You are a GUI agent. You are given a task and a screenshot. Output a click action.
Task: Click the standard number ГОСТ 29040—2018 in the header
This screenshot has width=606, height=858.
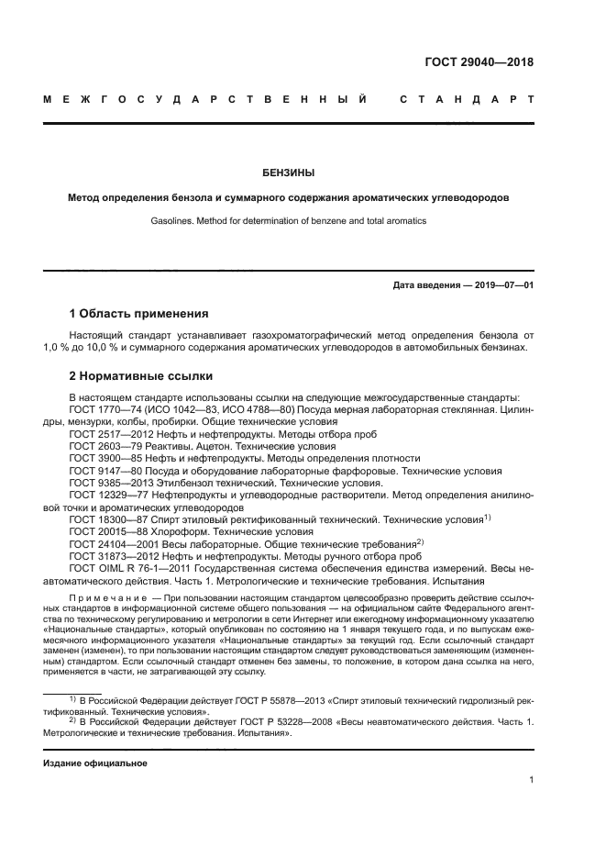479,62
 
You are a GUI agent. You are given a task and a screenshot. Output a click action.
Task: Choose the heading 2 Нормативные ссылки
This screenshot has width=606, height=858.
141,376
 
